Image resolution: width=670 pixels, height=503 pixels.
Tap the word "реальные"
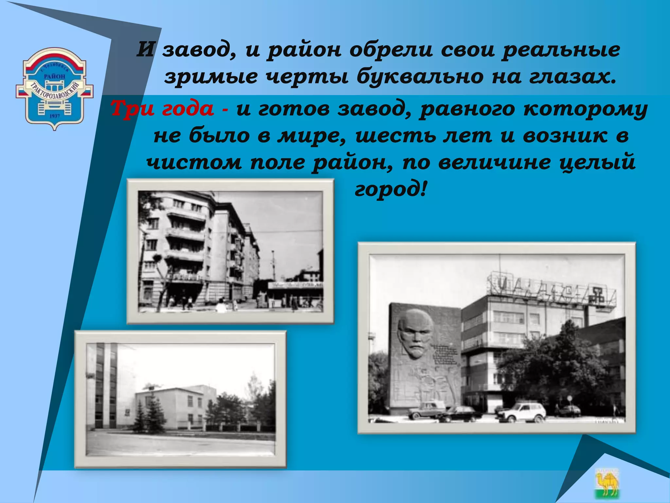click(561, 50)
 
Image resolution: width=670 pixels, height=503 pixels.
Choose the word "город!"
click(391, 189)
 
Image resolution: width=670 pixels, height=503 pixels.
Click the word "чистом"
click(194, 162)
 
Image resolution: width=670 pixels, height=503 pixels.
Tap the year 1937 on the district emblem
click(55, 116)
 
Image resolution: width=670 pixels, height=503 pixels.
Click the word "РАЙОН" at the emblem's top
click(55, 76)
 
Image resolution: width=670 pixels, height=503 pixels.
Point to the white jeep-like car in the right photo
click(523, 412)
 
